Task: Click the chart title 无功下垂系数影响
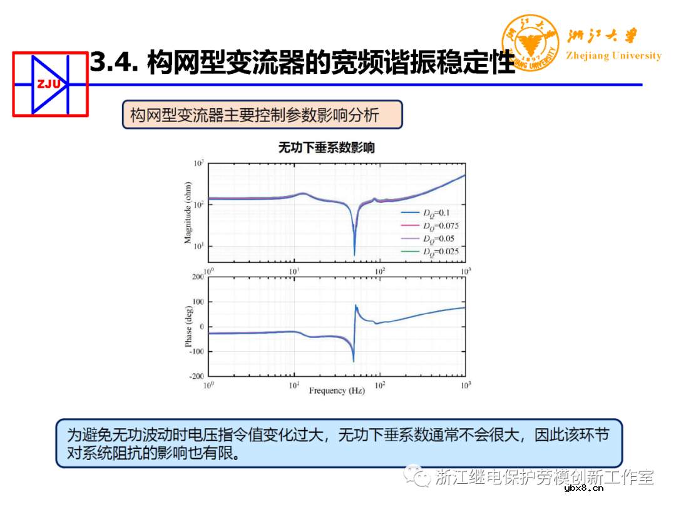pos(327,148)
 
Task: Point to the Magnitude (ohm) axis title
pos(188,212)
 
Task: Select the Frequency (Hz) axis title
pos(336,391)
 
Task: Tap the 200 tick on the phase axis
pos(197,277)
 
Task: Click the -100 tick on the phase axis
pos(196,351)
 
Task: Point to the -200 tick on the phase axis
pos(196,376)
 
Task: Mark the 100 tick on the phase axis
pos(197,302)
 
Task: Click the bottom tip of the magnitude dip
pos(354,255)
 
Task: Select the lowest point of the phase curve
pos(354,362)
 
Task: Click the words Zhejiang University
pos(613,56)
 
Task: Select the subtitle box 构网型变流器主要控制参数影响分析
pos(262,115)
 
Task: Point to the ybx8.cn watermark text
pos(583,488)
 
